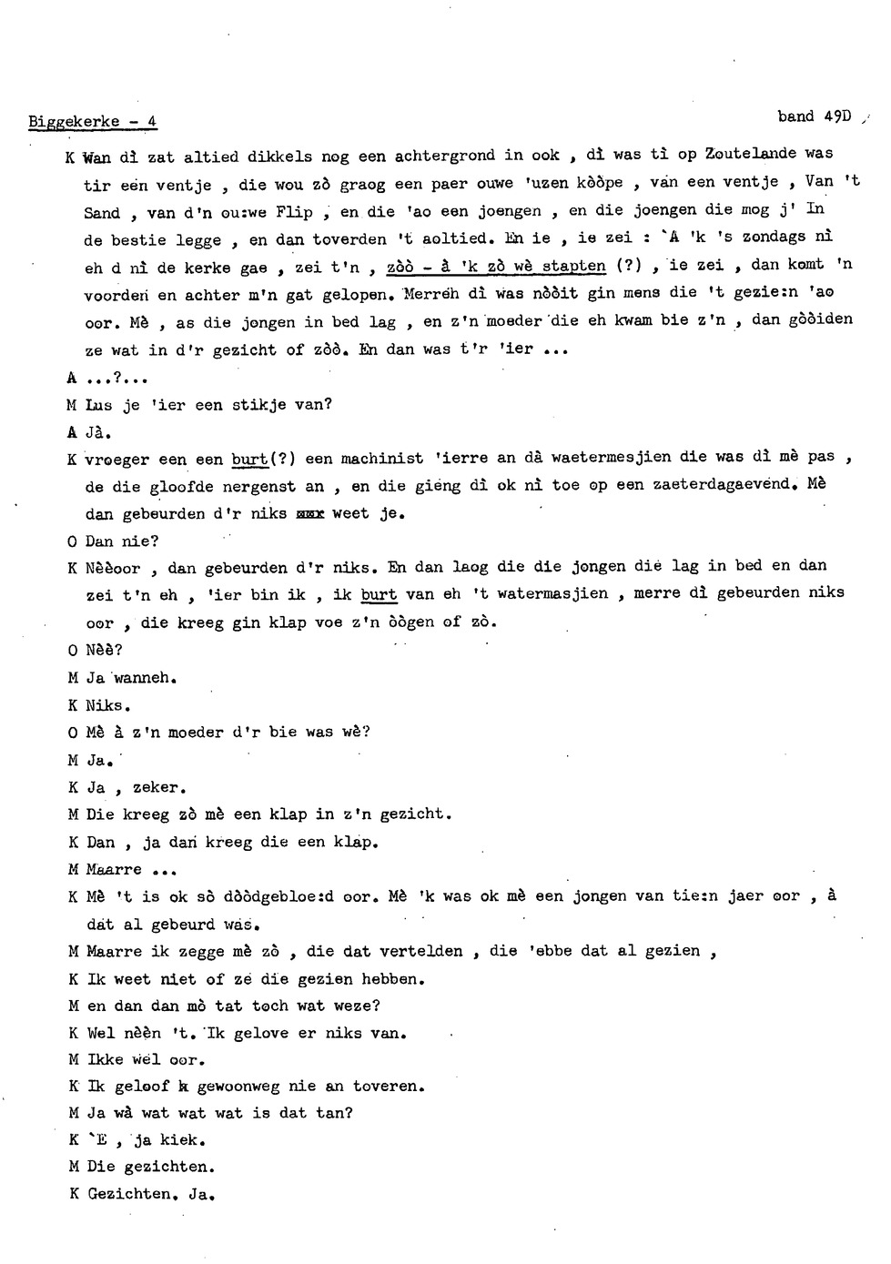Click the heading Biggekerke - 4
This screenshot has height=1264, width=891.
coord(93,122)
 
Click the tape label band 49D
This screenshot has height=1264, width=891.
coord(813,116)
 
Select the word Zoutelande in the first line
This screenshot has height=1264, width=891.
coord(751,154)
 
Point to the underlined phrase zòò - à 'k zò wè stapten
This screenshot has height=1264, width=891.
coord(496,267)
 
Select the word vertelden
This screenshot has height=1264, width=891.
coord(426,951)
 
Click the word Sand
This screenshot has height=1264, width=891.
coord(102,214)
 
